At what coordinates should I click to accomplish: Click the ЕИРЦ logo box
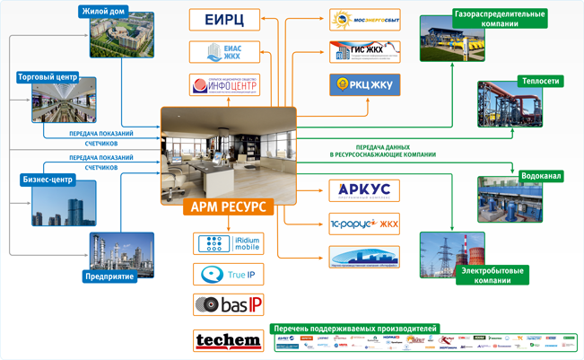225,20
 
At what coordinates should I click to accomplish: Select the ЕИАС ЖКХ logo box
225,52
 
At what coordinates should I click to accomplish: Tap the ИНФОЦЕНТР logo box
225,85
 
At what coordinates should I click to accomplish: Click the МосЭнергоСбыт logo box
363,20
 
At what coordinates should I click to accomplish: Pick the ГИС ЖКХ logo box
363,52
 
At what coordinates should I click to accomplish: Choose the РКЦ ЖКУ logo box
363,85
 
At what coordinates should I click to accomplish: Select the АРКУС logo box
363,190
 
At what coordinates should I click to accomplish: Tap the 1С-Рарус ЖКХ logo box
363,224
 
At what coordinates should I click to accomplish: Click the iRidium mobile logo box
228,243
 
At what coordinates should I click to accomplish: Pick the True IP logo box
228,275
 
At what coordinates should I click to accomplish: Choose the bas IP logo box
228,304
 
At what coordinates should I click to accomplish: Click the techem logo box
228,340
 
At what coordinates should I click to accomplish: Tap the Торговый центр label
48,77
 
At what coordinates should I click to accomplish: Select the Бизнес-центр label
47,180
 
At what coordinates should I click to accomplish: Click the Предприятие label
109,276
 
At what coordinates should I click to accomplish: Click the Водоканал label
540,176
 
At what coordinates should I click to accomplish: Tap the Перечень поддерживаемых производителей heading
355,329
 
